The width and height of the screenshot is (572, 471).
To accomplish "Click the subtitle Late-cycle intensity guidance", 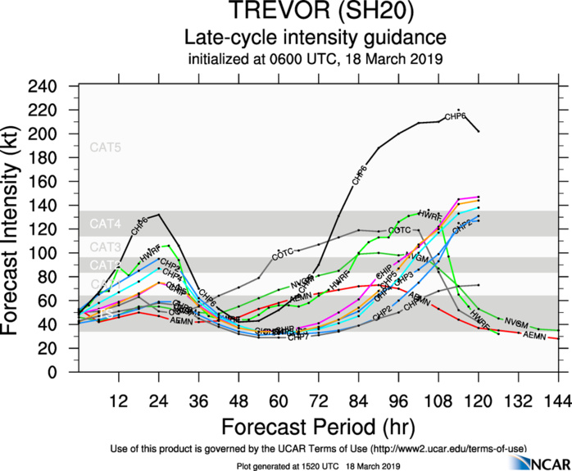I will pyautogui.click(x=315, y=38).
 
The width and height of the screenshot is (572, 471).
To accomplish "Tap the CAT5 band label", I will pyautogui.click(x=105, y=148).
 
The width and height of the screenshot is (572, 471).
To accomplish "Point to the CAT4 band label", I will pyautogui.click(x=105, y=224).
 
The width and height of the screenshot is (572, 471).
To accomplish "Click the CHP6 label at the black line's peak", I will pyautogui.click(x=456, y=117).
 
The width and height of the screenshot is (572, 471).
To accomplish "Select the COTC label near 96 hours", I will pyautogui.click(x=399, y=231).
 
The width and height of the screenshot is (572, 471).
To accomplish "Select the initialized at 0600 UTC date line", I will pyautogui.click(x=315, y=58).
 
